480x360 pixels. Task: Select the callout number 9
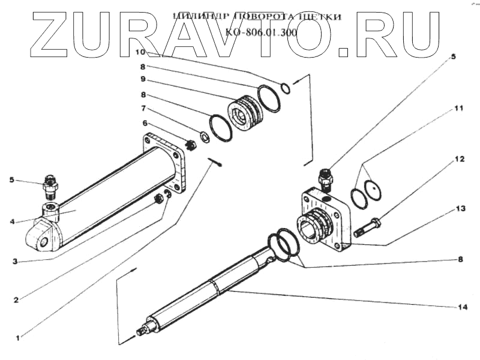click(x=143, y=79)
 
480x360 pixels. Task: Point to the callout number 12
click(x=458, y=159)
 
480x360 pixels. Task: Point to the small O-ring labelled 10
click(x=286, y=88)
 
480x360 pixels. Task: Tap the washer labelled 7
click(x=205, y=137)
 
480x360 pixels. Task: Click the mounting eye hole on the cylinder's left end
click(x=44, y=242)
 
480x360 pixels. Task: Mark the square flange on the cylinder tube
click(x=163, y=162)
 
